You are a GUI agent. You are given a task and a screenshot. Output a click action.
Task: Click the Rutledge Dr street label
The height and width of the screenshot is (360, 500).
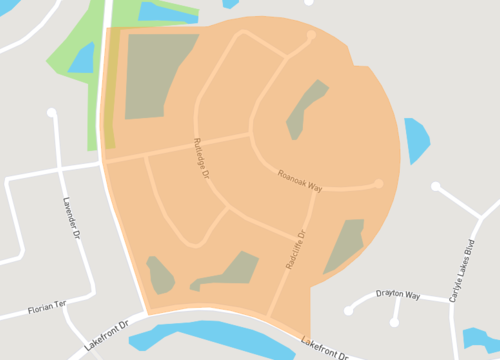point(201,158)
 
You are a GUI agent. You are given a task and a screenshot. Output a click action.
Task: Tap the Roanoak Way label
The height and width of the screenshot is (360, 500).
point(299,179)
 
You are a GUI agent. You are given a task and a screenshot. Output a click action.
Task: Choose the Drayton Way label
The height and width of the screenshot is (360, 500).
point(397,294)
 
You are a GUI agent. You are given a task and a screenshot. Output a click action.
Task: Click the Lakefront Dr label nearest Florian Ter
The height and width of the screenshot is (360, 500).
point(108,333)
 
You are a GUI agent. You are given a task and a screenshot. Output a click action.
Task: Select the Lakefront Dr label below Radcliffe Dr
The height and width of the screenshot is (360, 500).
point(329,348)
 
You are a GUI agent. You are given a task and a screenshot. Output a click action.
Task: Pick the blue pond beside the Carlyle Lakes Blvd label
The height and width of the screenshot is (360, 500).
point(481,340)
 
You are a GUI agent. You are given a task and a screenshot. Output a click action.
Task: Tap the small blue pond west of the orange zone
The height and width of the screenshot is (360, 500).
point(81,57)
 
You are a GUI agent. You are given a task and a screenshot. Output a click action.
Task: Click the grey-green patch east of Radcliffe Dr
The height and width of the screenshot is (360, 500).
point(345,245)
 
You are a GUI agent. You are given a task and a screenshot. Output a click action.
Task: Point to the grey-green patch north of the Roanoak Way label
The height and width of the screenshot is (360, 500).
point(307,107)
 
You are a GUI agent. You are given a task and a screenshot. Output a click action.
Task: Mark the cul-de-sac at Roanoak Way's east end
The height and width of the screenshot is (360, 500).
point(378,183)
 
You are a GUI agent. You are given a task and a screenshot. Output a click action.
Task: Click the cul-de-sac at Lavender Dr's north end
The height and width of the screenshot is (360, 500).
point(52,113)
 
